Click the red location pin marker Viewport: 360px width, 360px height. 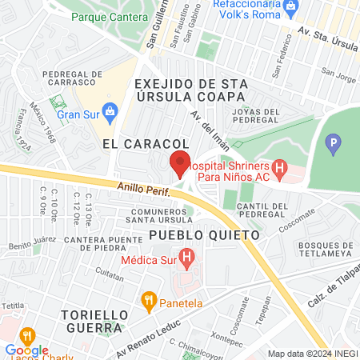tap(180, 164)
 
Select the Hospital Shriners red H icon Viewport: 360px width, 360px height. tap(279, 169)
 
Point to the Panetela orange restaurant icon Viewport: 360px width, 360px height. tap(147, 301)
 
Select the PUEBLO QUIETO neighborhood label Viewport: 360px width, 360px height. tap(205, 236)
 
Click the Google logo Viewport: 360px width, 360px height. tap(26, 350)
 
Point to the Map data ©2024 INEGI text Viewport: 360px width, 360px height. tap(310, 354)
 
